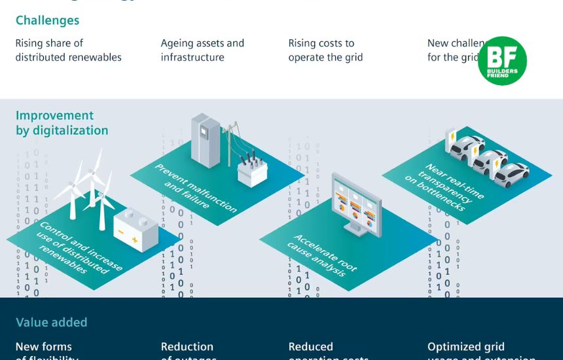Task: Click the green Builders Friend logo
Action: pyautogui.click(x=502, y=61)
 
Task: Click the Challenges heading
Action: pyautogui.click(x=47, y=20)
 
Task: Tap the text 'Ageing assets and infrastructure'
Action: pyautogui.click(x=202, y=50)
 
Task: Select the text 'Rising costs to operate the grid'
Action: pyautogui.click(x=325, y=50)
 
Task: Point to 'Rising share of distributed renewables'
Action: pyautogui.click(x=68, y=50)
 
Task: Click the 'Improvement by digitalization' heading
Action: pyautogui.click(x=62, y=123)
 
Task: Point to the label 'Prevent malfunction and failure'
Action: pyautogui.click(x=195, y=187)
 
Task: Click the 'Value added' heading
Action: pyautogui.click(x=51, y=322)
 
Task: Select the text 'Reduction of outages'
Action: pyautogui.click(x=187, y=351)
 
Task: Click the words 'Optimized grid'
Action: pyautogui.click(x=465, y=347)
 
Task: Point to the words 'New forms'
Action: pyautogui.click(x=44, y=347)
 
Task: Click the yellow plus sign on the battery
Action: pyautogui.click(x=134, y=240)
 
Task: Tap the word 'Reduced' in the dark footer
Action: pyautogui.click(x=310, y=347)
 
